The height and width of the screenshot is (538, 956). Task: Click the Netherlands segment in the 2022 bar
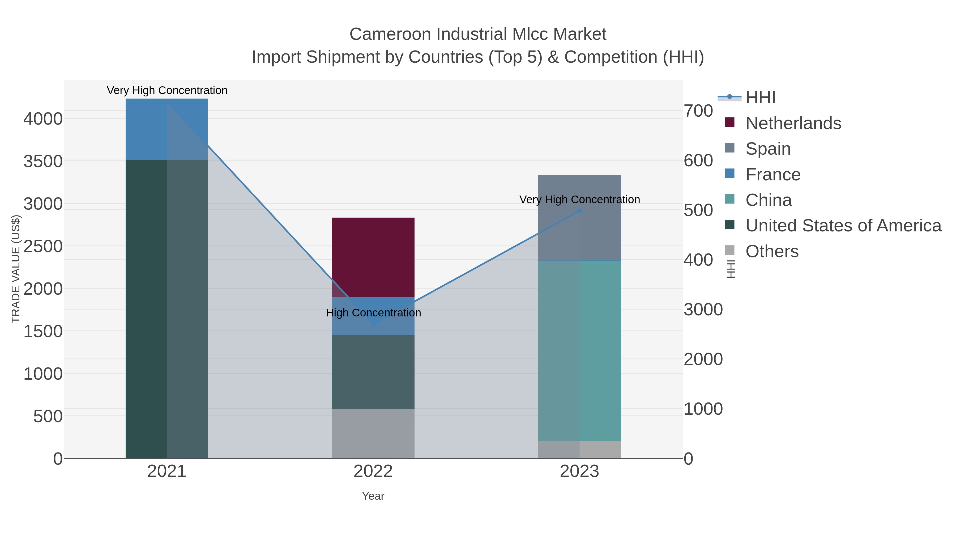tap(373, 257)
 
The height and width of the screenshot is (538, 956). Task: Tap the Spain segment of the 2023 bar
tap(579, 218)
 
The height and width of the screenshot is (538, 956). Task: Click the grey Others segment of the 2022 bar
tap(373, 433)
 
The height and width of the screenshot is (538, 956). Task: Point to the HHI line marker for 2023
tap(579, 211)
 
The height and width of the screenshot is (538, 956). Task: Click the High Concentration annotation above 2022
tap(373, 313)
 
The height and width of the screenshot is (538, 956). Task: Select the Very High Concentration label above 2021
tap(167, 90)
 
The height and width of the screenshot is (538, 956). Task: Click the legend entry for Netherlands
tap(793, 123)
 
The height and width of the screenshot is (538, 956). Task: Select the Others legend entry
tap(772, 251)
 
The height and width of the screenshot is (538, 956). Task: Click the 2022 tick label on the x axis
tap(373, 472)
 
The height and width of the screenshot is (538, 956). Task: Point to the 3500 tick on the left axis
tap(43, 162)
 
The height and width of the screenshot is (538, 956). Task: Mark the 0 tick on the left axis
tap(58, 459)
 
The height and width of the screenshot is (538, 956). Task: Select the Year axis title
tap(373, 496)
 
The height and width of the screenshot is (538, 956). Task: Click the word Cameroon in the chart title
tap(390, 34)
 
